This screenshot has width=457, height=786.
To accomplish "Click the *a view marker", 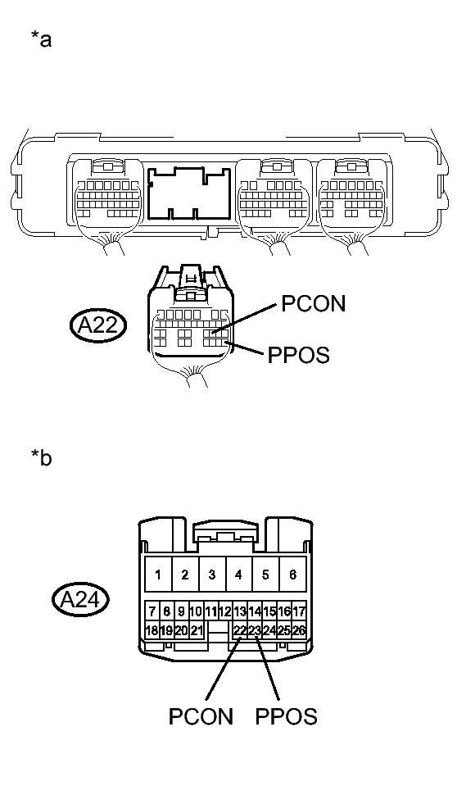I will click(40, 39).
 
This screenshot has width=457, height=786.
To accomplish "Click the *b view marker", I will click(40, 457).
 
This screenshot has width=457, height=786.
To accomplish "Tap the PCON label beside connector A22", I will click(314, 303).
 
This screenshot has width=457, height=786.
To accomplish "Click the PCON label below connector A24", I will click(201, 716).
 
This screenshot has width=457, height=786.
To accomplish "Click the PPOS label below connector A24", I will click(286, 716).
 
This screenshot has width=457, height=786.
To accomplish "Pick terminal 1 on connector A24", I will click(158, 575).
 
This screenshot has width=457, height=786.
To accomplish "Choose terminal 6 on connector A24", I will click(292, 575).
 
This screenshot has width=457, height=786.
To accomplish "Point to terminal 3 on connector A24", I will click(211, 575).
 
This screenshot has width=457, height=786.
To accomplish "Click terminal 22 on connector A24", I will click(240, 630).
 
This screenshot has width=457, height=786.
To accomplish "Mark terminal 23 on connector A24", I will click(255, 630).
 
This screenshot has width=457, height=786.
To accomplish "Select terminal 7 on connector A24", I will click(152, 611).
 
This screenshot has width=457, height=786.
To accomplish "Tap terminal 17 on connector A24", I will click(299, 611).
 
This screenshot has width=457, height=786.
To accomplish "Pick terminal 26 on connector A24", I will click(299, 630).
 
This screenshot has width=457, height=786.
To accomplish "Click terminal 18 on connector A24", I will click(152, 630).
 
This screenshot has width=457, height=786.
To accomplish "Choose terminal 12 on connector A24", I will click(225, 611).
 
